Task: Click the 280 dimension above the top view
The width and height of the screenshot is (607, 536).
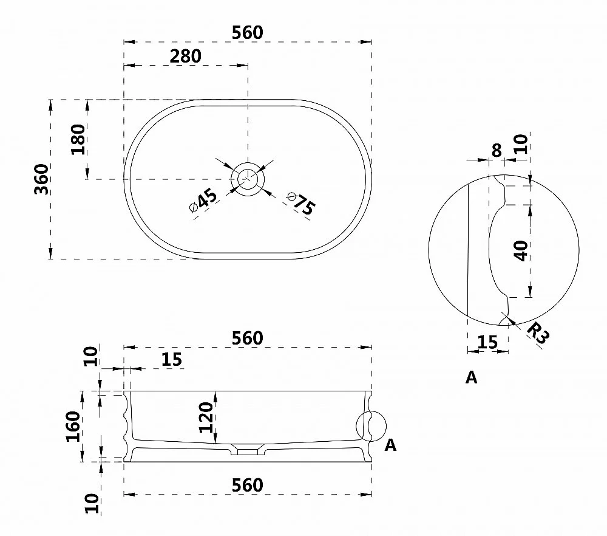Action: click(185, 57)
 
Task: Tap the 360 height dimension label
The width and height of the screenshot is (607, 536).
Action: click(42, 179)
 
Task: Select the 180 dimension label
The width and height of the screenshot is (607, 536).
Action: click(78, 140)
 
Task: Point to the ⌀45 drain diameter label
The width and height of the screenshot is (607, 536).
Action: click(203, 201)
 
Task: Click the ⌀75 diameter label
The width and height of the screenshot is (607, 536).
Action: click(301, 203)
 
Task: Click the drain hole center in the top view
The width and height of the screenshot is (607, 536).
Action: click(248, 179)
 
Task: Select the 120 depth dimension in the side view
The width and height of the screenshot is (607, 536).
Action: click(206, 417)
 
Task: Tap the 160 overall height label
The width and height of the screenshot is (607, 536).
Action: click(73, 427)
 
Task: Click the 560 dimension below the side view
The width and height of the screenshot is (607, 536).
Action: click(248, 485)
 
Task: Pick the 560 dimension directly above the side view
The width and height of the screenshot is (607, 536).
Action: click(248, 338)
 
